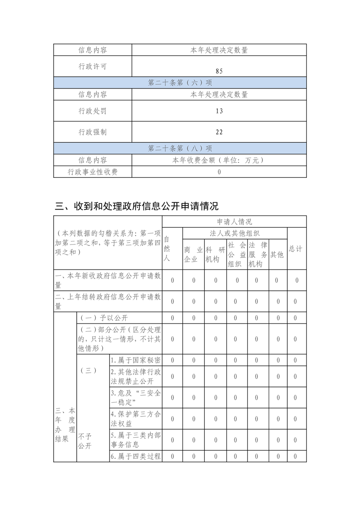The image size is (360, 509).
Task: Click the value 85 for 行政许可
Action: tap(219, 71)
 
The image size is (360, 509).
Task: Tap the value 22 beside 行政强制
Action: tap(219, 132)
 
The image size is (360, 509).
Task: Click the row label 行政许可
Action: tap(93, 67)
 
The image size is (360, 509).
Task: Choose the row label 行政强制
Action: tap(93, 132)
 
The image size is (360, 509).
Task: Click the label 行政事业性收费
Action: tap(93, 172)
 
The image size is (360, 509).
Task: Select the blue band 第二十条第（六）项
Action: tap(180, 83)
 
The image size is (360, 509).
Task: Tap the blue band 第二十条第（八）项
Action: tap(180, 148)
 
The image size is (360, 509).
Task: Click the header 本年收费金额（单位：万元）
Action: tap(219, 160)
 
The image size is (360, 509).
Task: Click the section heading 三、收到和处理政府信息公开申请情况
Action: tap(137, 206)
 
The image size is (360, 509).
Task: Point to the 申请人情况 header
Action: tap(234, 222)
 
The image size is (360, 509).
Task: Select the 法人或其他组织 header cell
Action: tap(234, 233)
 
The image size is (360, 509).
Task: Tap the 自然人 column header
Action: tap(167, 249)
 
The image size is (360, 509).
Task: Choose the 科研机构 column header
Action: tap(215, 254)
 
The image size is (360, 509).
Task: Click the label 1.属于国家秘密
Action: tap(135, 360)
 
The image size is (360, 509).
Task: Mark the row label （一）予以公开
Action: tap(104, 318)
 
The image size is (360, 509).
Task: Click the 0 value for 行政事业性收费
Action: tap(219, 172)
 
